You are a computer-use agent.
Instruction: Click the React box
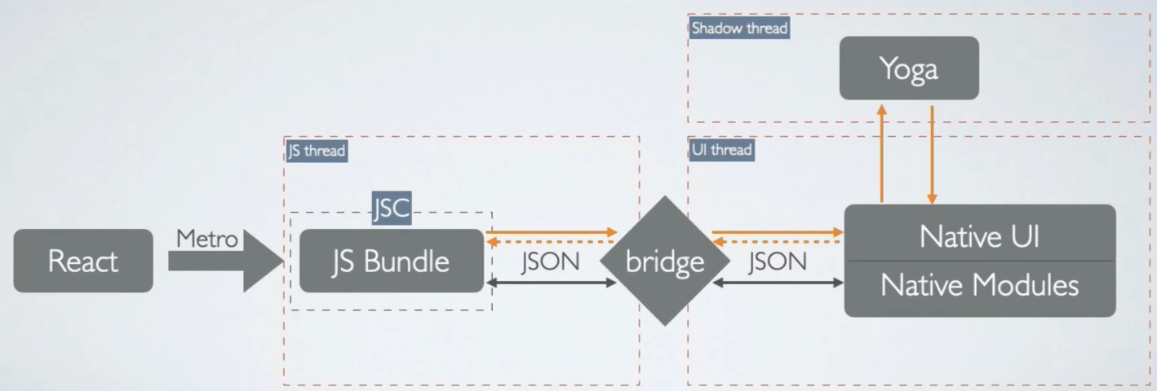click(x=83, y=261)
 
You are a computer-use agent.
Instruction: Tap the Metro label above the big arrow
click(x=207, y=239)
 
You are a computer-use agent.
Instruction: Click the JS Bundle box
click(x=392, y=261)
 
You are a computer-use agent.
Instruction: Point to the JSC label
click(x=392, y=209)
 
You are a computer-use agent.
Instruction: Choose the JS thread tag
click(x=317, y=151)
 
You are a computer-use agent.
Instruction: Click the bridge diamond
click(x=665, y=261)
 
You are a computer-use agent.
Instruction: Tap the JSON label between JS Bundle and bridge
click(x=550, y=261)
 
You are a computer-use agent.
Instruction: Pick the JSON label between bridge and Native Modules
click(x=777, y=261)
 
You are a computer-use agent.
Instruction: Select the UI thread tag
click(x=721, y=150)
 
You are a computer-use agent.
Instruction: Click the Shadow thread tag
click(x=739, y=29)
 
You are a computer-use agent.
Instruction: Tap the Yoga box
click(x=909, y=68)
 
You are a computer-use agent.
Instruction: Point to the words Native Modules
click(x=979, y=285)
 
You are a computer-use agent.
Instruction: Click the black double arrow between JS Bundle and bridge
click(x=552, y=283)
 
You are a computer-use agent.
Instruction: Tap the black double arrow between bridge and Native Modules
click(x=778, y=283)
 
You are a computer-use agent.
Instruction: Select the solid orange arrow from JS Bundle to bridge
click(x=552, y=232)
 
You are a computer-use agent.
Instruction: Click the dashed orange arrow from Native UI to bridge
click(x=778, y=241)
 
